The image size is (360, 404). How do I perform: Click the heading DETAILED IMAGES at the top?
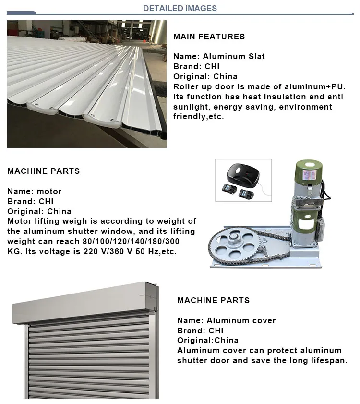[180, 8]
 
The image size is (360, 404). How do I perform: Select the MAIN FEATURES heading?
[209, 37]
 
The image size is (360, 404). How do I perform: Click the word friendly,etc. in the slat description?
[198, 117]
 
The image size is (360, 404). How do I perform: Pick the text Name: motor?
[35, 191]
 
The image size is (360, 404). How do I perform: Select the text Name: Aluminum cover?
[226, 320]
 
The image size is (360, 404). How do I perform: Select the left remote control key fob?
[229, 188]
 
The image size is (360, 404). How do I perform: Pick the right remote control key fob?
[246, 194]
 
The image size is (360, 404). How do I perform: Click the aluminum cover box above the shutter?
[86, 303]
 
